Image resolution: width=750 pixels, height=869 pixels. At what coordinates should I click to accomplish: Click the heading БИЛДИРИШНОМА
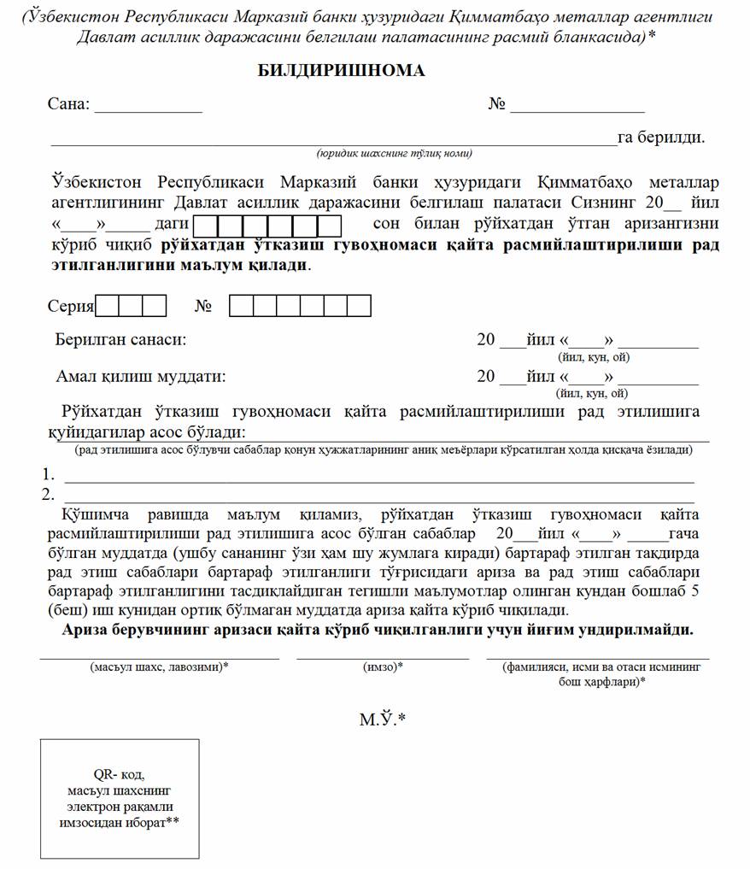pos(341,71)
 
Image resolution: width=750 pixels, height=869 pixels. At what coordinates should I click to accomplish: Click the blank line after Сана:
pos(148,111)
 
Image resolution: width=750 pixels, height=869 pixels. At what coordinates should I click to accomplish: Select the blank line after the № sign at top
pos(577,111)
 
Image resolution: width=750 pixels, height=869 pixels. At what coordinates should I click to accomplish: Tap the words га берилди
pos(660,138)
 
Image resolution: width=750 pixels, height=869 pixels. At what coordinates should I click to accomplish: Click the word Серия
pos(71,306)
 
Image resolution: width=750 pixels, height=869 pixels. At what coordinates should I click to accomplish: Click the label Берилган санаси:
pos(120,340)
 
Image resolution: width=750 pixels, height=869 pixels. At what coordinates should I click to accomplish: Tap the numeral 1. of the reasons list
pos(49,475)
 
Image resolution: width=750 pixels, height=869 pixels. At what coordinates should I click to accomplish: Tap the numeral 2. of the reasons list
pos(49,494)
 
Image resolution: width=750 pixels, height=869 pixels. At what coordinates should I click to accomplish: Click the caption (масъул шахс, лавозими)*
pos(159,666)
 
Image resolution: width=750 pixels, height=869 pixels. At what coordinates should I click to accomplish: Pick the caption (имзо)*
pos(383,666)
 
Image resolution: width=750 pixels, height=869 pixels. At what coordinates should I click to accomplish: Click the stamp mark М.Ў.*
pos(382,719)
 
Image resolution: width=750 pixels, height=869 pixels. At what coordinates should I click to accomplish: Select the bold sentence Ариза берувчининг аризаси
pos(377,631)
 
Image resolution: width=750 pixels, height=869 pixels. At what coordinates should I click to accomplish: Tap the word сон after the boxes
pos(388,224)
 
